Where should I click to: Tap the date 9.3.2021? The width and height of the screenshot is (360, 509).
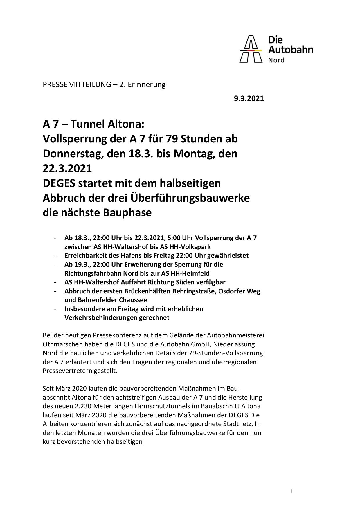(x=249, y=99)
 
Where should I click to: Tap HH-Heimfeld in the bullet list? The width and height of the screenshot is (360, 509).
(x=191, y=273)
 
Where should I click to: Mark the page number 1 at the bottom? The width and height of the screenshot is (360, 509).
(x=291, y=483)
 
